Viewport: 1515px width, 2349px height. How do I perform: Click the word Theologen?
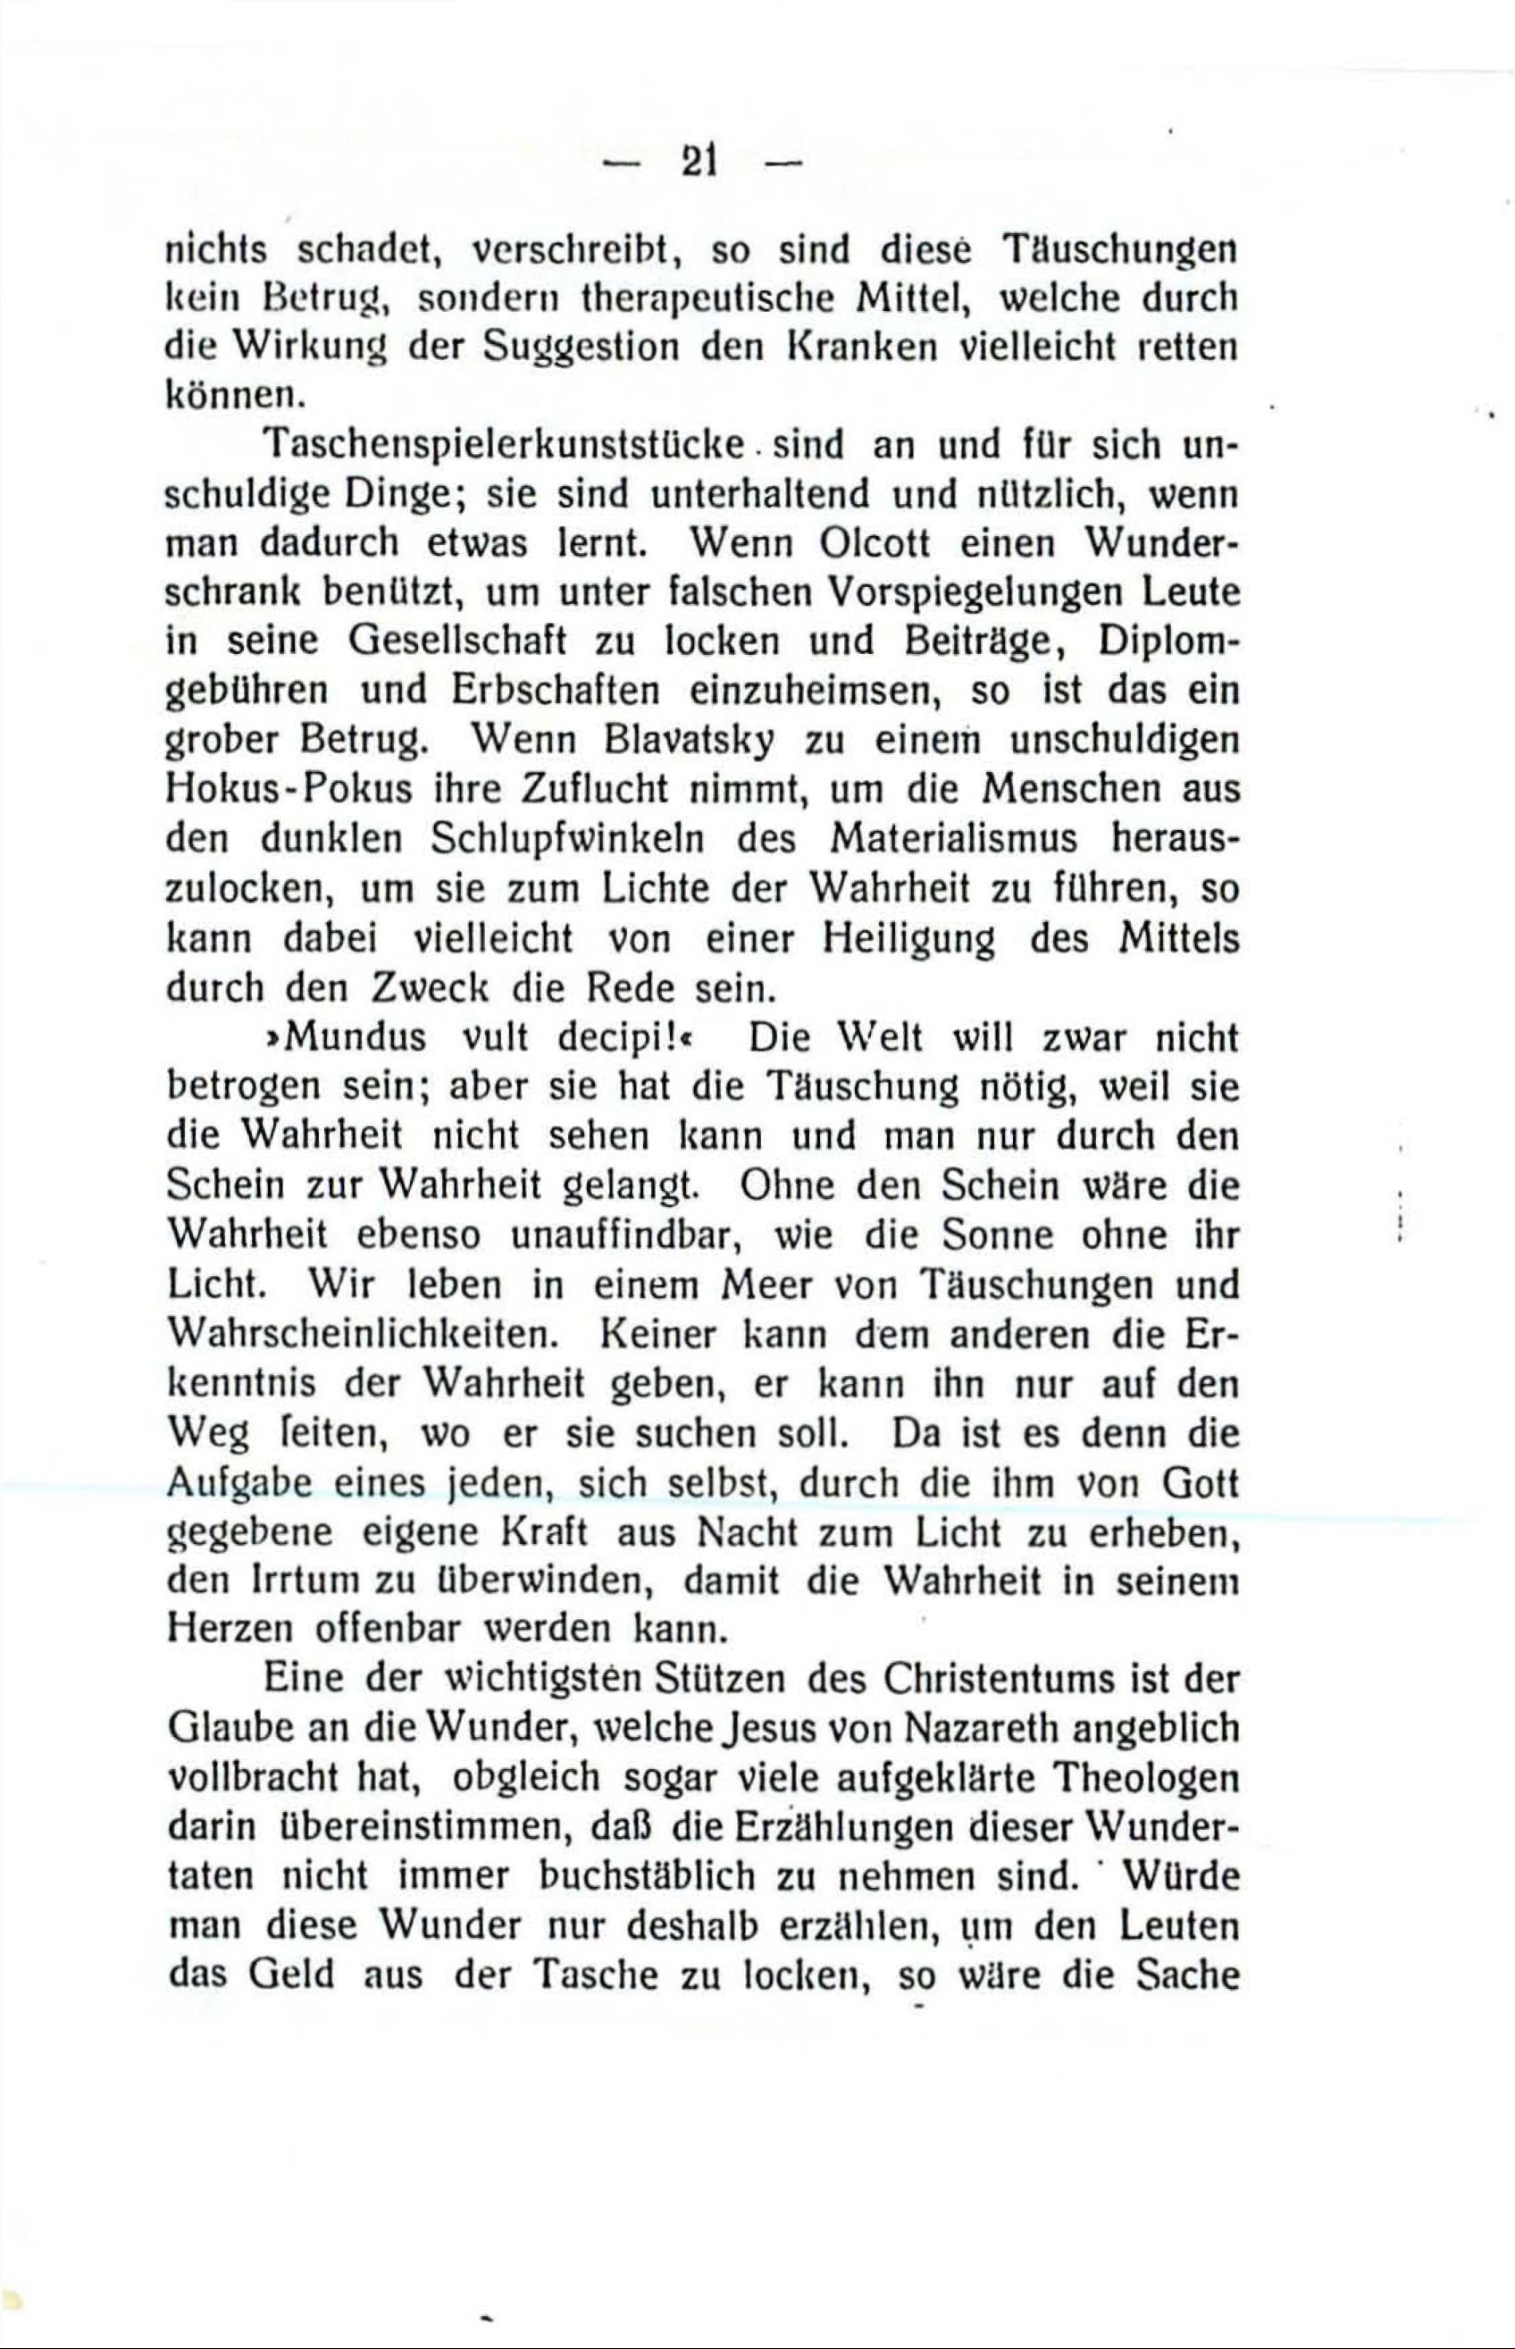pos(1144,1777)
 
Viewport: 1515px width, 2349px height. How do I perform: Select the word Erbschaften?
pos(555,691)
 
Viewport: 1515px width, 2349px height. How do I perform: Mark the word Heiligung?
pos(907,938)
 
